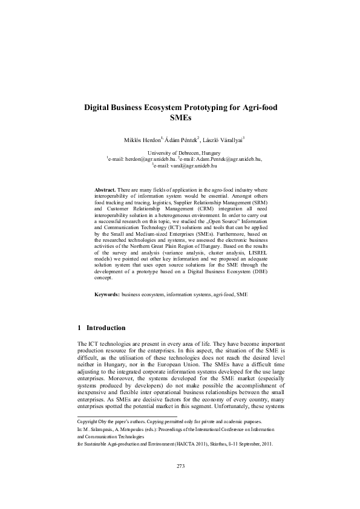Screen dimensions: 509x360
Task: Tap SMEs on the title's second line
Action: click(180, 118)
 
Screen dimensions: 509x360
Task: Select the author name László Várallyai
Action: click(222, 140)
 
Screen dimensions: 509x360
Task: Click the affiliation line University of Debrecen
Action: click(180, 154)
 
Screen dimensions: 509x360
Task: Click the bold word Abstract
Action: click(105, 190)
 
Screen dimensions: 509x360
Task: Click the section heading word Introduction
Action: click(106, 328)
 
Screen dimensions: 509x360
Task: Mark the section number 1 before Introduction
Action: click(80, 328)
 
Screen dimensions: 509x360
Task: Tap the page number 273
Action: click(180, 482)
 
